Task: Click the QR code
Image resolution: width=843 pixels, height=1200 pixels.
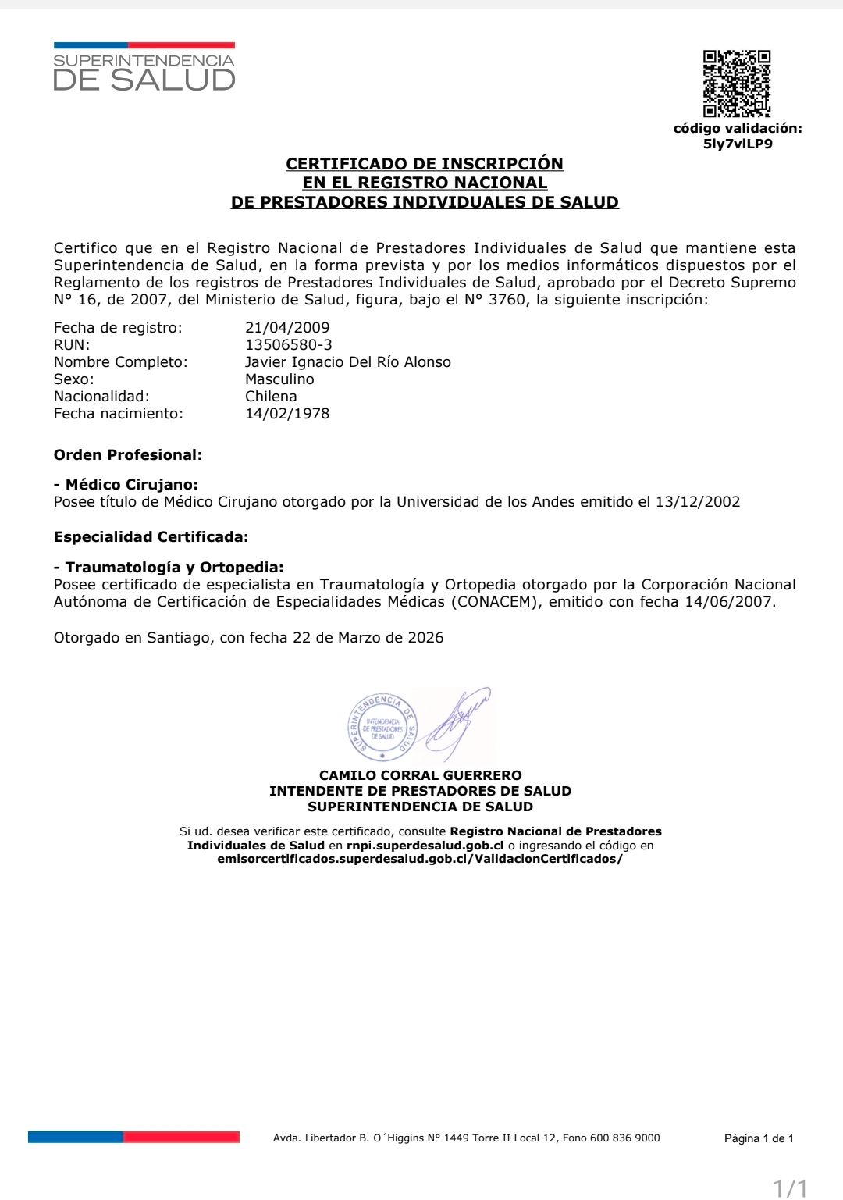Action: [x=736, y=83]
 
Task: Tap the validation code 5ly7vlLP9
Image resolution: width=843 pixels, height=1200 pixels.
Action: [x=738, y=144]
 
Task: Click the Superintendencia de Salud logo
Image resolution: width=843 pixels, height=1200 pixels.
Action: [x=144, y=68]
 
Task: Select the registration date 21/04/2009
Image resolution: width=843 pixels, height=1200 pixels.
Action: [x=287, y=328]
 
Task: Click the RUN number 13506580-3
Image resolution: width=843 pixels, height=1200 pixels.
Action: [x=289, y=345]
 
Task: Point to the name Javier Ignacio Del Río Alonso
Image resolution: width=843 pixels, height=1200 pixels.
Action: [x=348, y=362]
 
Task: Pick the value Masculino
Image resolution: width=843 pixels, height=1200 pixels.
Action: [x=279, y=379]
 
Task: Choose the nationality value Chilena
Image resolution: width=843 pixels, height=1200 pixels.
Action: [x=271, y=397]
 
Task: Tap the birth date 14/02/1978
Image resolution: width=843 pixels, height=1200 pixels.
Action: [x=287, y=414]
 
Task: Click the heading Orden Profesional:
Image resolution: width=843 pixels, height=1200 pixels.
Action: [x=128, y=455]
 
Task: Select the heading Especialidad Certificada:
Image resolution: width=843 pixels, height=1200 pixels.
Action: [x=151, y=537]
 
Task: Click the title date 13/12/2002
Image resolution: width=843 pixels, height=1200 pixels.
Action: [x=698, y=502]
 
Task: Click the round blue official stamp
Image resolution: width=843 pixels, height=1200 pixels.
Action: [x=382, y=726]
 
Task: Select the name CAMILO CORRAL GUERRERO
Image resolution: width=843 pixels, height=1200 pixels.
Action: [x=421, y=775]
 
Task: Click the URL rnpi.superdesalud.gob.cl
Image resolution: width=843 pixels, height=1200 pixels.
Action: [x=425, y=846]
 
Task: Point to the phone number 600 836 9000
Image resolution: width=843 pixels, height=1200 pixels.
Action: [x=624, y=1138]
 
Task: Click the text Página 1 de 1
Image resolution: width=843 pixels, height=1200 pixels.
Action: [x=759, y=1138]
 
